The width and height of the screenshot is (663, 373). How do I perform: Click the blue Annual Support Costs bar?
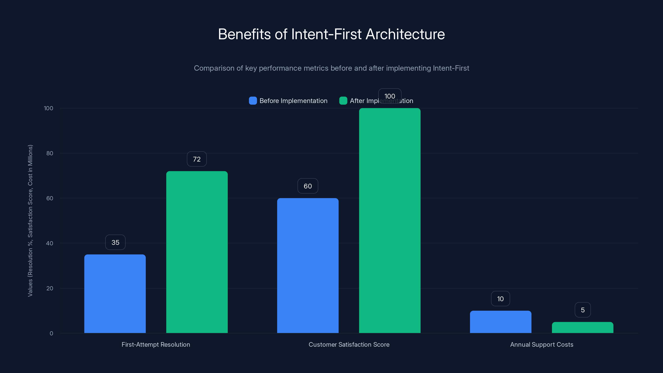click(500, 322)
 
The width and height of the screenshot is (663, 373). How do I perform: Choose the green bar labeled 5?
click(582, 327)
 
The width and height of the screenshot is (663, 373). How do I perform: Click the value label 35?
click(115, 242)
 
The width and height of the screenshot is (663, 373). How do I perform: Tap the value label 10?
click(500, 299)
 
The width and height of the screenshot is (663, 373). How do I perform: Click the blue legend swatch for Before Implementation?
click(253, 101)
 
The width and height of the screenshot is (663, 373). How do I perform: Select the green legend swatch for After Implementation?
click(343, 101)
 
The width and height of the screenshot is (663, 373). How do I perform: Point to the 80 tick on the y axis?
click(50, 153)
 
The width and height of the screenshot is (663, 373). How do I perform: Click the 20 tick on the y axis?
click(50, 288)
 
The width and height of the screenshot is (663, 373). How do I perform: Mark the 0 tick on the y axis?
click(51, 333)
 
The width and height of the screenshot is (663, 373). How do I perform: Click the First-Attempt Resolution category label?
click(156, 344)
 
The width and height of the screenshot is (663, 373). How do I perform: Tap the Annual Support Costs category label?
click(542, 344)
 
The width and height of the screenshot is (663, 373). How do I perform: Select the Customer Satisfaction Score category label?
click(349, 344)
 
